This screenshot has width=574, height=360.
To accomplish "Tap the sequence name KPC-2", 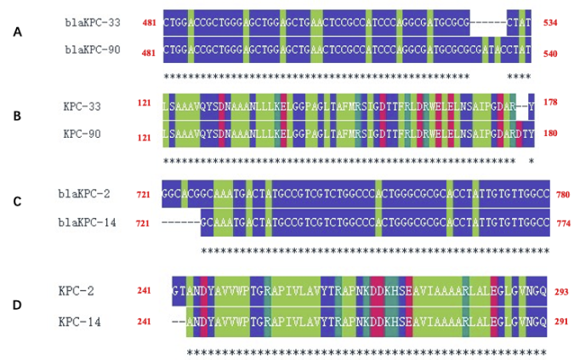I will pyautogui.click(x=79, y=292).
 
